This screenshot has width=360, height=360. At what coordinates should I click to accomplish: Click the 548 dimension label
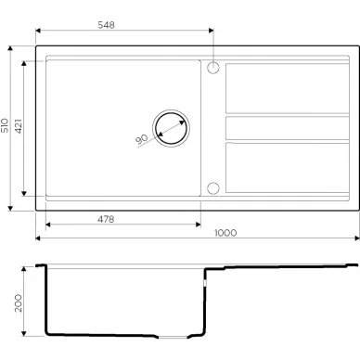pos(106,25)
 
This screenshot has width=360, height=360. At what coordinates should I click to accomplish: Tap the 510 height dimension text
pos(5,125)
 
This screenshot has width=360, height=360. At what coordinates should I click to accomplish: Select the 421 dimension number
pos(19,126)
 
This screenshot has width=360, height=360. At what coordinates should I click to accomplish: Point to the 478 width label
pos(106,219)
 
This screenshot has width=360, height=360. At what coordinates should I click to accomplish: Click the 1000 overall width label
pos(225,233)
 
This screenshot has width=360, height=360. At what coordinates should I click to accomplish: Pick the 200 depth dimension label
pos(19,303)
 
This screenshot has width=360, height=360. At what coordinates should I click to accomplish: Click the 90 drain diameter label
pos(142,139)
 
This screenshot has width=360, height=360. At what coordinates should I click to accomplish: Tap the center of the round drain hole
pos(171,128)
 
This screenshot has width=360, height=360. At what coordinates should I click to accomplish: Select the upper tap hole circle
pos(213,68)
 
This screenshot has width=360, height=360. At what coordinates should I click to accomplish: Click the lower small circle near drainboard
pos(213,188)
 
